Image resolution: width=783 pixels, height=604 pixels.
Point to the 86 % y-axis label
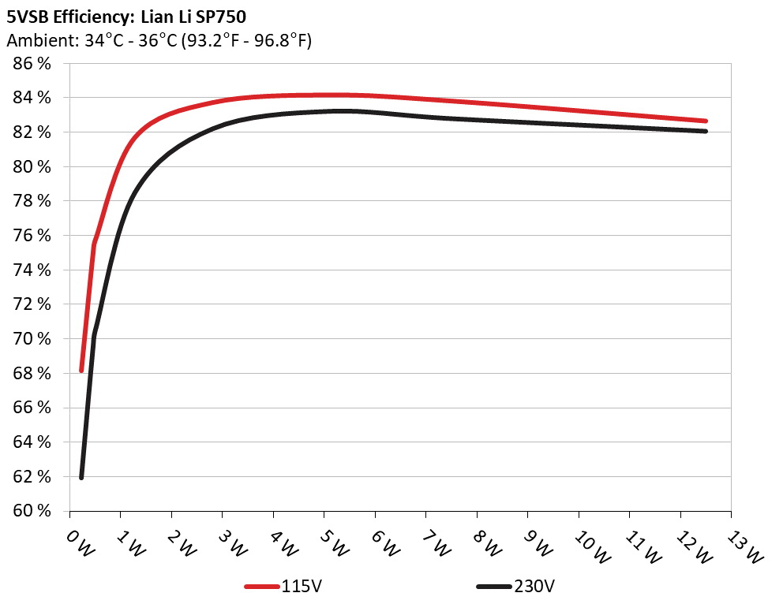[x=32, y=64]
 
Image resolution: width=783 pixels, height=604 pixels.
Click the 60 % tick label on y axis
[x=32, y=511]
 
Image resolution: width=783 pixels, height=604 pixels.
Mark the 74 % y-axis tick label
[x=32, y=270]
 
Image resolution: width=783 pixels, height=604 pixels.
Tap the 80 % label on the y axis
[x=32, y=167]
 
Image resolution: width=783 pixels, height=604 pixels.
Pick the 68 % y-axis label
[x=32, y=374]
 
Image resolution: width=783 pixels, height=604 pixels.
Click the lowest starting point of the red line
[x=81, y=370]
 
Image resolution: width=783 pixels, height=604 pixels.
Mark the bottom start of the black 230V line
[x=81, y=477]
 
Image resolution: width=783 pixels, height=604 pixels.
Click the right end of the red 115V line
[x=705, y=121]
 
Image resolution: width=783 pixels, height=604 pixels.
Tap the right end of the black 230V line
[x=705, y=131]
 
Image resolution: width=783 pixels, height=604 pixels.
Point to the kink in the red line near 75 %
[x=94, y=244]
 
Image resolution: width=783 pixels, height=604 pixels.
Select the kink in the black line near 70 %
[x=94, y=336]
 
